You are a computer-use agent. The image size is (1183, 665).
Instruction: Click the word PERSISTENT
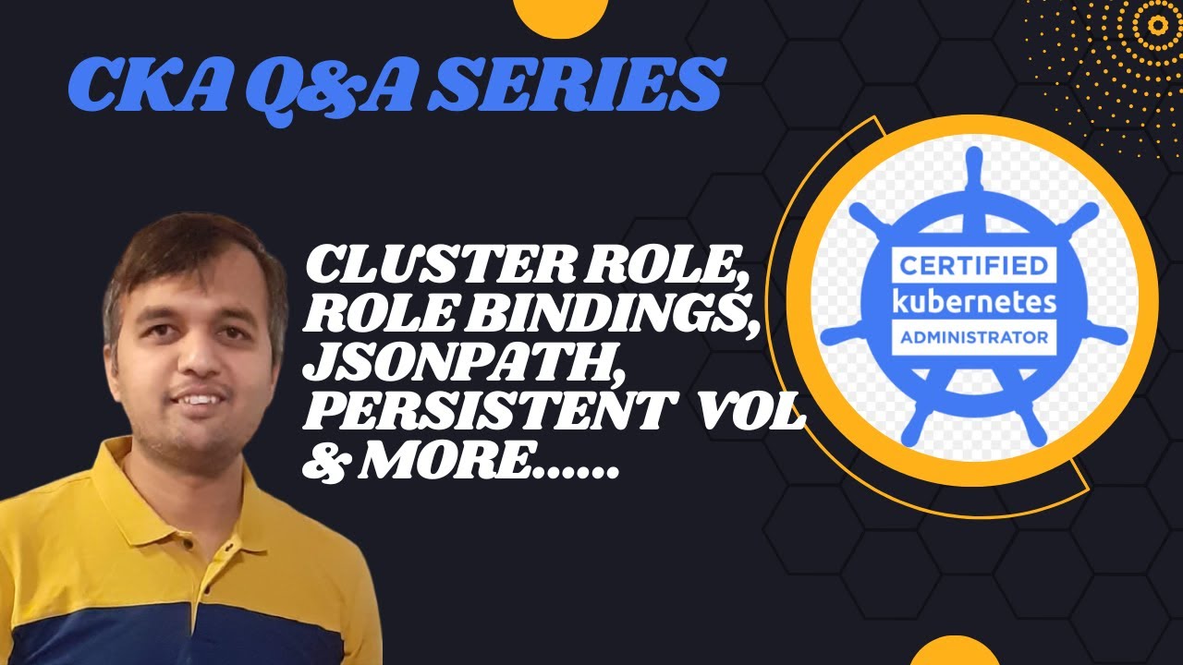pyautogui.click(x=485, y=415)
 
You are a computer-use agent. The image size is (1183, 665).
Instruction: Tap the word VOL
pyautogui.click(x=754, y=415)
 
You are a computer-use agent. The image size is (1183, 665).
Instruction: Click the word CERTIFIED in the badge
pyautogui.click(x=970, y=268)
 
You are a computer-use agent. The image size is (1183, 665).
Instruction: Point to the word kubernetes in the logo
pyautogui.click(x=970, y=302)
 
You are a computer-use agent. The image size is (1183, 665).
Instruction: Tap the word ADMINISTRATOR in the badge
pyautogui.click(x=970, y=337)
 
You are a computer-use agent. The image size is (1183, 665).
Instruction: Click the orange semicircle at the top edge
pyautogui.click(x=559, y=17)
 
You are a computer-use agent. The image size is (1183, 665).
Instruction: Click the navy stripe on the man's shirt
pyautogui.click(x=185, y=633)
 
